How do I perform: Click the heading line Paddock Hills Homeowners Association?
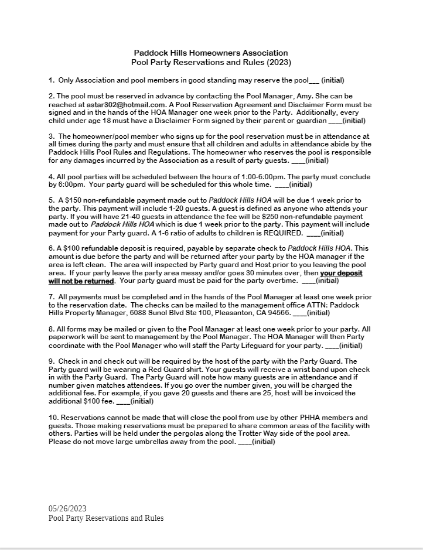[211, 53]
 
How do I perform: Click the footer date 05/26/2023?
[67, 507]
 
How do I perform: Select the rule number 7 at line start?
[52, 297]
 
